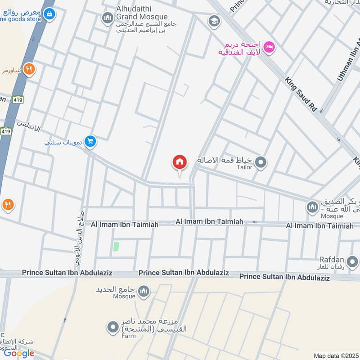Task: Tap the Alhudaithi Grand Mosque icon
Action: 107,18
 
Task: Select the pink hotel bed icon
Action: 269,46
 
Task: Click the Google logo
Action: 19,353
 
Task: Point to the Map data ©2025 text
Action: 335,355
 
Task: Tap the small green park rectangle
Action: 116,246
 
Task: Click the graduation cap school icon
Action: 213,21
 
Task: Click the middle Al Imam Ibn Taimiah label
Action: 209,222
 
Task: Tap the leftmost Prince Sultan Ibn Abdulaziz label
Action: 67,273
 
